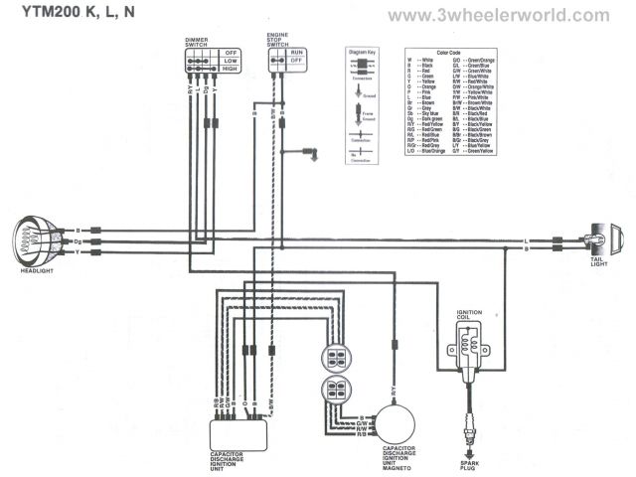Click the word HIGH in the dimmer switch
pos(231,70)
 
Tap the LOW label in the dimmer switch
pos(231,60)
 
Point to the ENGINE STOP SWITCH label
pos(278,40)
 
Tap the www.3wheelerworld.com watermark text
pos(497,16)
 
